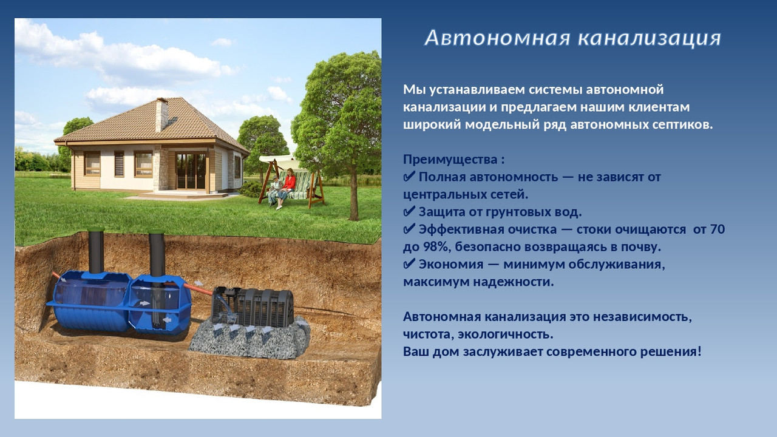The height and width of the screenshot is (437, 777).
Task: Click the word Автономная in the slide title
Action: tap(498, 38)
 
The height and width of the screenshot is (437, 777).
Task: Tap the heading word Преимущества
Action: tap(450, 160)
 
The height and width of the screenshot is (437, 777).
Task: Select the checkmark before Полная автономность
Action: tap(409, 177)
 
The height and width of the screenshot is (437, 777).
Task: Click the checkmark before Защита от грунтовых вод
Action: tap(409, 212)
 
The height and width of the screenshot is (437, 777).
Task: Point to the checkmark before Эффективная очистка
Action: tap(409, 229)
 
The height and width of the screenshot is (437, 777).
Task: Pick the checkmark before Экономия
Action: tap(409, 264)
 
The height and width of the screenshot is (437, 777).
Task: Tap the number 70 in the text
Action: tap(717, 229)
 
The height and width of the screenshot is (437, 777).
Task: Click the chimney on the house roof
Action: tap(161, 114)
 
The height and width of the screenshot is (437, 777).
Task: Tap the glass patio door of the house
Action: tap(191, 171)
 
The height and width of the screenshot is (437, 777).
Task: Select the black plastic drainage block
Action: tap(253, 307)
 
